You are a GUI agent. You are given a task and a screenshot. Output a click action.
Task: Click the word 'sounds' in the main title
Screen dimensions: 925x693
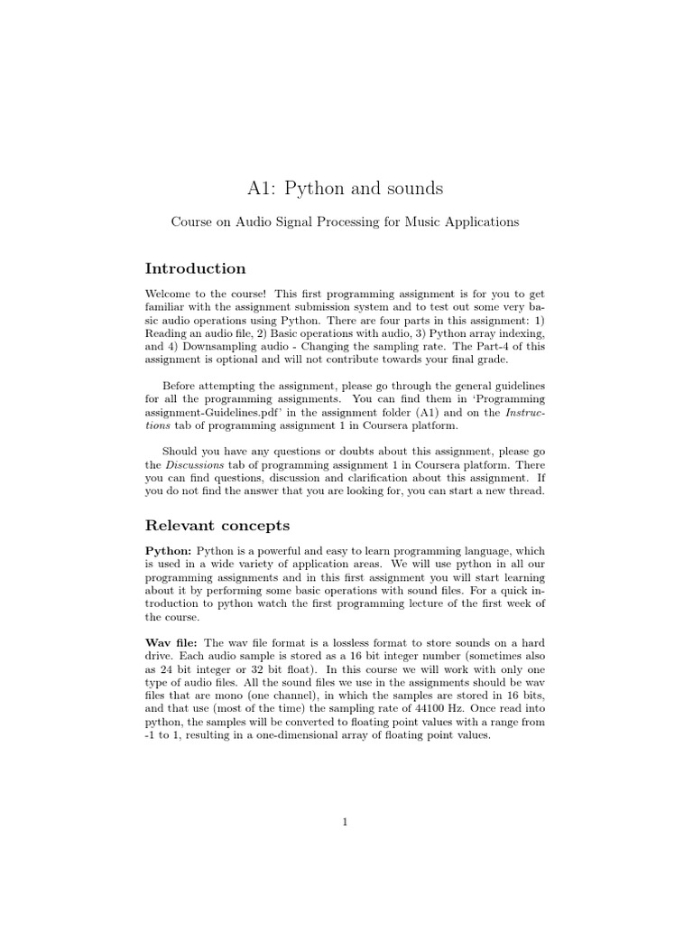coord(411,189)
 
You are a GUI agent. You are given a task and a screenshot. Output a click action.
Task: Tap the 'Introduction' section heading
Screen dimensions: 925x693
coord(195,268)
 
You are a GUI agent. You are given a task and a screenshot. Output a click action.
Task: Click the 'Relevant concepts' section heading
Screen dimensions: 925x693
coord(217,525)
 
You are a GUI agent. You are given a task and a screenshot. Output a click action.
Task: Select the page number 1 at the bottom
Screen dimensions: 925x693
coord(346,821)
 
